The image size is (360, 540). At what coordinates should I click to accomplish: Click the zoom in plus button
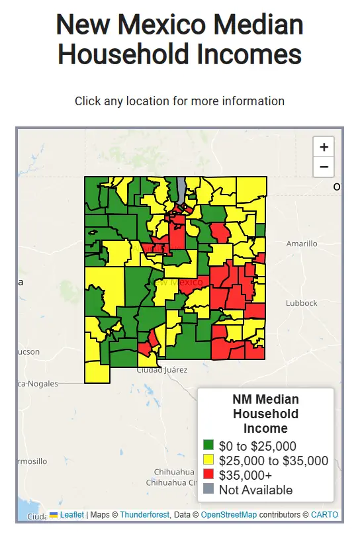click(324, 147)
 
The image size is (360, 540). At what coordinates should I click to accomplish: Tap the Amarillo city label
click(301, 244)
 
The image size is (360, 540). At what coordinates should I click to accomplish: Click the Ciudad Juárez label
click(161, 369)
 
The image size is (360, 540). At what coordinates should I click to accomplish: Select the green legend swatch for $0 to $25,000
click(208, 446)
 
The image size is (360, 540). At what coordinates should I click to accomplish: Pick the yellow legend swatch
click(208, 461)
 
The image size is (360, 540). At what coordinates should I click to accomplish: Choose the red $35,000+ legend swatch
click(208, 475)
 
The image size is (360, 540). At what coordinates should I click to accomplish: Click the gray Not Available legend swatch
click(208, 490)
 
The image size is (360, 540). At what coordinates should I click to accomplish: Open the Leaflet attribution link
click(71, 514)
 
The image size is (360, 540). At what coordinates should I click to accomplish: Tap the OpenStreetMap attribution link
click(229, 514)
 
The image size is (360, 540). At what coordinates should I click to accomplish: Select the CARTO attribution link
click(324, 514)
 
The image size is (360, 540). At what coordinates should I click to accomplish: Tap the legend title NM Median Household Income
click(265, 414)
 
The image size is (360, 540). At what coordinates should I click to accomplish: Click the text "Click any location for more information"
click(179, 101)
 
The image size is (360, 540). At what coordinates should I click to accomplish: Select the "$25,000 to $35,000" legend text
click(273, 461)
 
